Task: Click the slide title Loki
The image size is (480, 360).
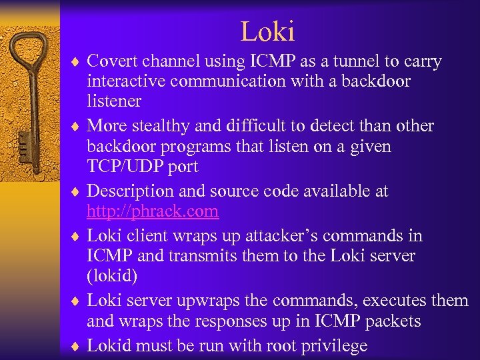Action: coord(267,31)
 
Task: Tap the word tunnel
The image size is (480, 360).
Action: coord(355,62)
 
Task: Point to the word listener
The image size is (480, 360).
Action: coord(114,101)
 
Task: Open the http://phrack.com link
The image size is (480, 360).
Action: coord(153,211)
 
